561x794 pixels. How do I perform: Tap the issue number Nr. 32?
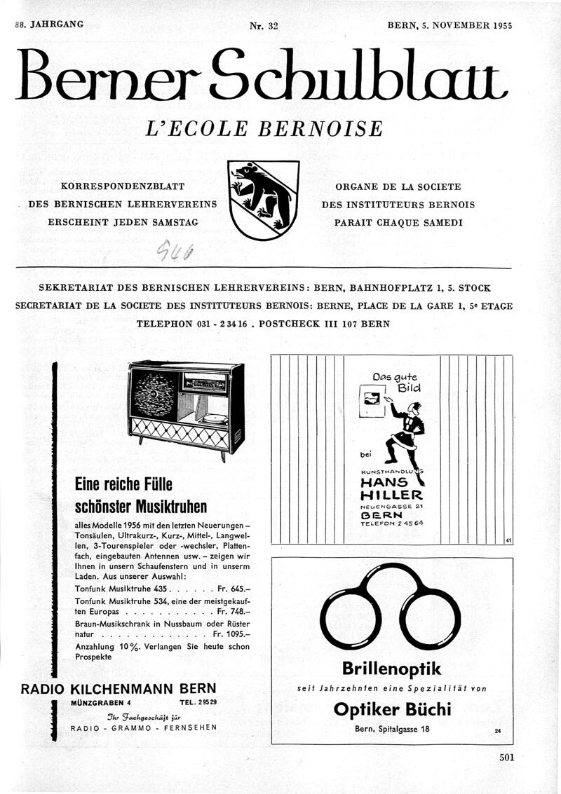tap(264, 26)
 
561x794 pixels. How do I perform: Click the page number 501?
tap(507, 757)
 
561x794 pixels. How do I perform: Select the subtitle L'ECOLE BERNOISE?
tap(264, 129)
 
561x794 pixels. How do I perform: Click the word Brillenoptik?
tap(391, 668)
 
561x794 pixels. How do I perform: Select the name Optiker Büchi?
tap(392, 709)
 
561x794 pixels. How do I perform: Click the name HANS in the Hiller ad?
tap(384, 483)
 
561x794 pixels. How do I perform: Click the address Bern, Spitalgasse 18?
tap(392, 730)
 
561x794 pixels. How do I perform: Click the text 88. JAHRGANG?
tap(49, 25)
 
